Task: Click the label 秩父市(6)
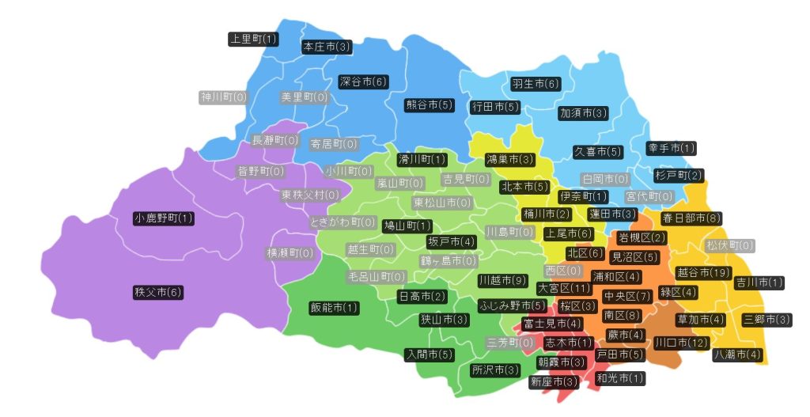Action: (x=158, y=293)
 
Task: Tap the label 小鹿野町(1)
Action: (x=164, y=218)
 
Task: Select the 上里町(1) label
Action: (x=253, y=39)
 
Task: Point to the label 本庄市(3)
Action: (x=327, y=47)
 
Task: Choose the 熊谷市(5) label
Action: (x=430, y=105)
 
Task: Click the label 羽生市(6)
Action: (x=536, y=83)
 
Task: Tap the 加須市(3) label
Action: (x=583, y=113)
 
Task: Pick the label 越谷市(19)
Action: (x=703, y=273)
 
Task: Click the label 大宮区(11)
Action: (x=564, y=288)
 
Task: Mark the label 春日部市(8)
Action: (x=691, y=218)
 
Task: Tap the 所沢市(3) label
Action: (x=495, y=370)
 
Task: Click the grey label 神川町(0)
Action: (x=223, y=97)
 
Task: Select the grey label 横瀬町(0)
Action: (x=290, y=253)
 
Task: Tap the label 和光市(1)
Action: (x=620, y=379)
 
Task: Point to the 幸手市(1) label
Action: (x=672, y=148)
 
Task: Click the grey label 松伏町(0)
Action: (x=729, y=246)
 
